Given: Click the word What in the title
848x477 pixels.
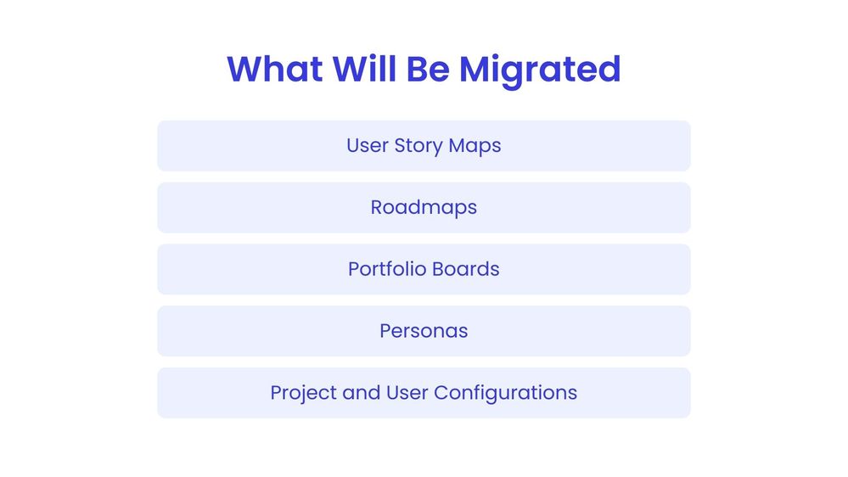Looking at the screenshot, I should (x=273, y=69).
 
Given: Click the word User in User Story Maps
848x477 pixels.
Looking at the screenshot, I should (x=366, y=145).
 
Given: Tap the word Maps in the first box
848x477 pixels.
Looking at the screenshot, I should (x=475, y=146).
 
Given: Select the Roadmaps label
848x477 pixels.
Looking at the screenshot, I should (x=424, y=208).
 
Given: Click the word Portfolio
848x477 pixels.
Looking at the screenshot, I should (x=386, y=269).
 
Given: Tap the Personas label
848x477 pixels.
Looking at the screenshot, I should (x=424, y=331).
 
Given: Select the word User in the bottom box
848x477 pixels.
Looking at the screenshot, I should (x=407, y=393).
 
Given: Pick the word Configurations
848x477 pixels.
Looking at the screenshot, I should (x=505, y=394).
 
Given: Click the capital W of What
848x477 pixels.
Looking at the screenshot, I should (x=244, y=69).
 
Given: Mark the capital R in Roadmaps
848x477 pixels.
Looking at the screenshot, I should (x=377, y=208).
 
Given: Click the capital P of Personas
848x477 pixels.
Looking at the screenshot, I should (x=385, y=331).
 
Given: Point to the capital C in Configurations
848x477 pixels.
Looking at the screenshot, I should (x=441, y=393).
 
